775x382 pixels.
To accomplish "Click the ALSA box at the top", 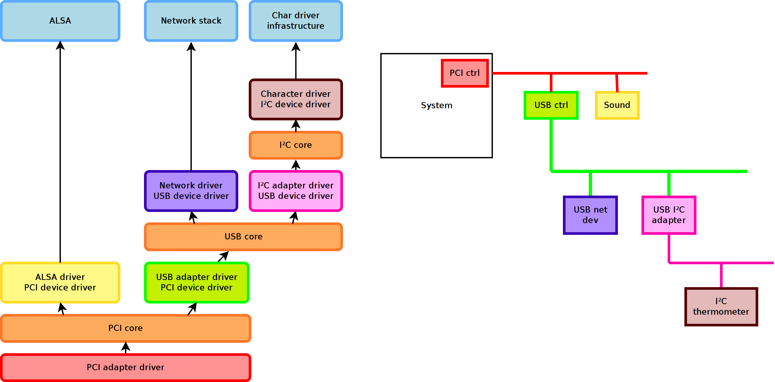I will coord(60,21).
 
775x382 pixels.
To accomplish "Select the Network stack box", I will coord(191,21).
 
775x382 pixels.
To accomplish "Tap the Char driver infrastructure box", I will coord(296,21).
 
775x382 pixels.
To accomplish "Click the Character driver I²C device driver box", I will coord(296,99).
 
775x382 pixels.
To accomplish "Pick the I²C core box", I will coord(296,145).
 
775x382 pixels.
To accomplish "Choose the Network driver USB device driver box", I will coord(191,191).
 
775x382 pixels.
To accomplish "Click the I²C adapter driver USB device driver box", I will coord(296,191).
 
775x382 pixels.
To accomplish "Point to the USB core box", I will coord(243,236).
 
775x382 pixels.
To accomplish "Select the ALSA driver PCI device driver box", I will coord(60,282).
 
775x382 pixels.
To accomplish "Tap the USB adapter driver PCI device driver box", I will coord(197,282).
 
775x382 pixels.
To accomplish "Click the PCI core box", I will coord(126,328).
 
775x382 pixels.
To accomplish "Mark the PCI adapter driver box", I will coord(126,367).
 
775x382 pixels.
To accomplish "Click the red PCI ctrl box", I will coord(465,73).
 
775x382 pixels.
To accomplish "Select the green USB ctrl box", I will coord(551,105).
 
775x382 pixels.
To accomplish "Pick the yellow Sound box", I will coord(617,105).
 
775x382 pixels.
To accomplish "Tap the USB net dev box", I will coord(590,215).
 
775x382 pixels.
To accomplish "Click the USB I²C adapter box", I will coord(669,215).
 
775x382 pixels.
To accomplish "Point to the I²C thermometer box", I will coord(721,306).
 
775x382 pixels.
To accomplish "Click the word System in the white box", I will coord(437,105).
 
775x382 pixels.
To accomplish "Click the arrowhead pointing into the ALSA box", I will coord(60,45).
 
